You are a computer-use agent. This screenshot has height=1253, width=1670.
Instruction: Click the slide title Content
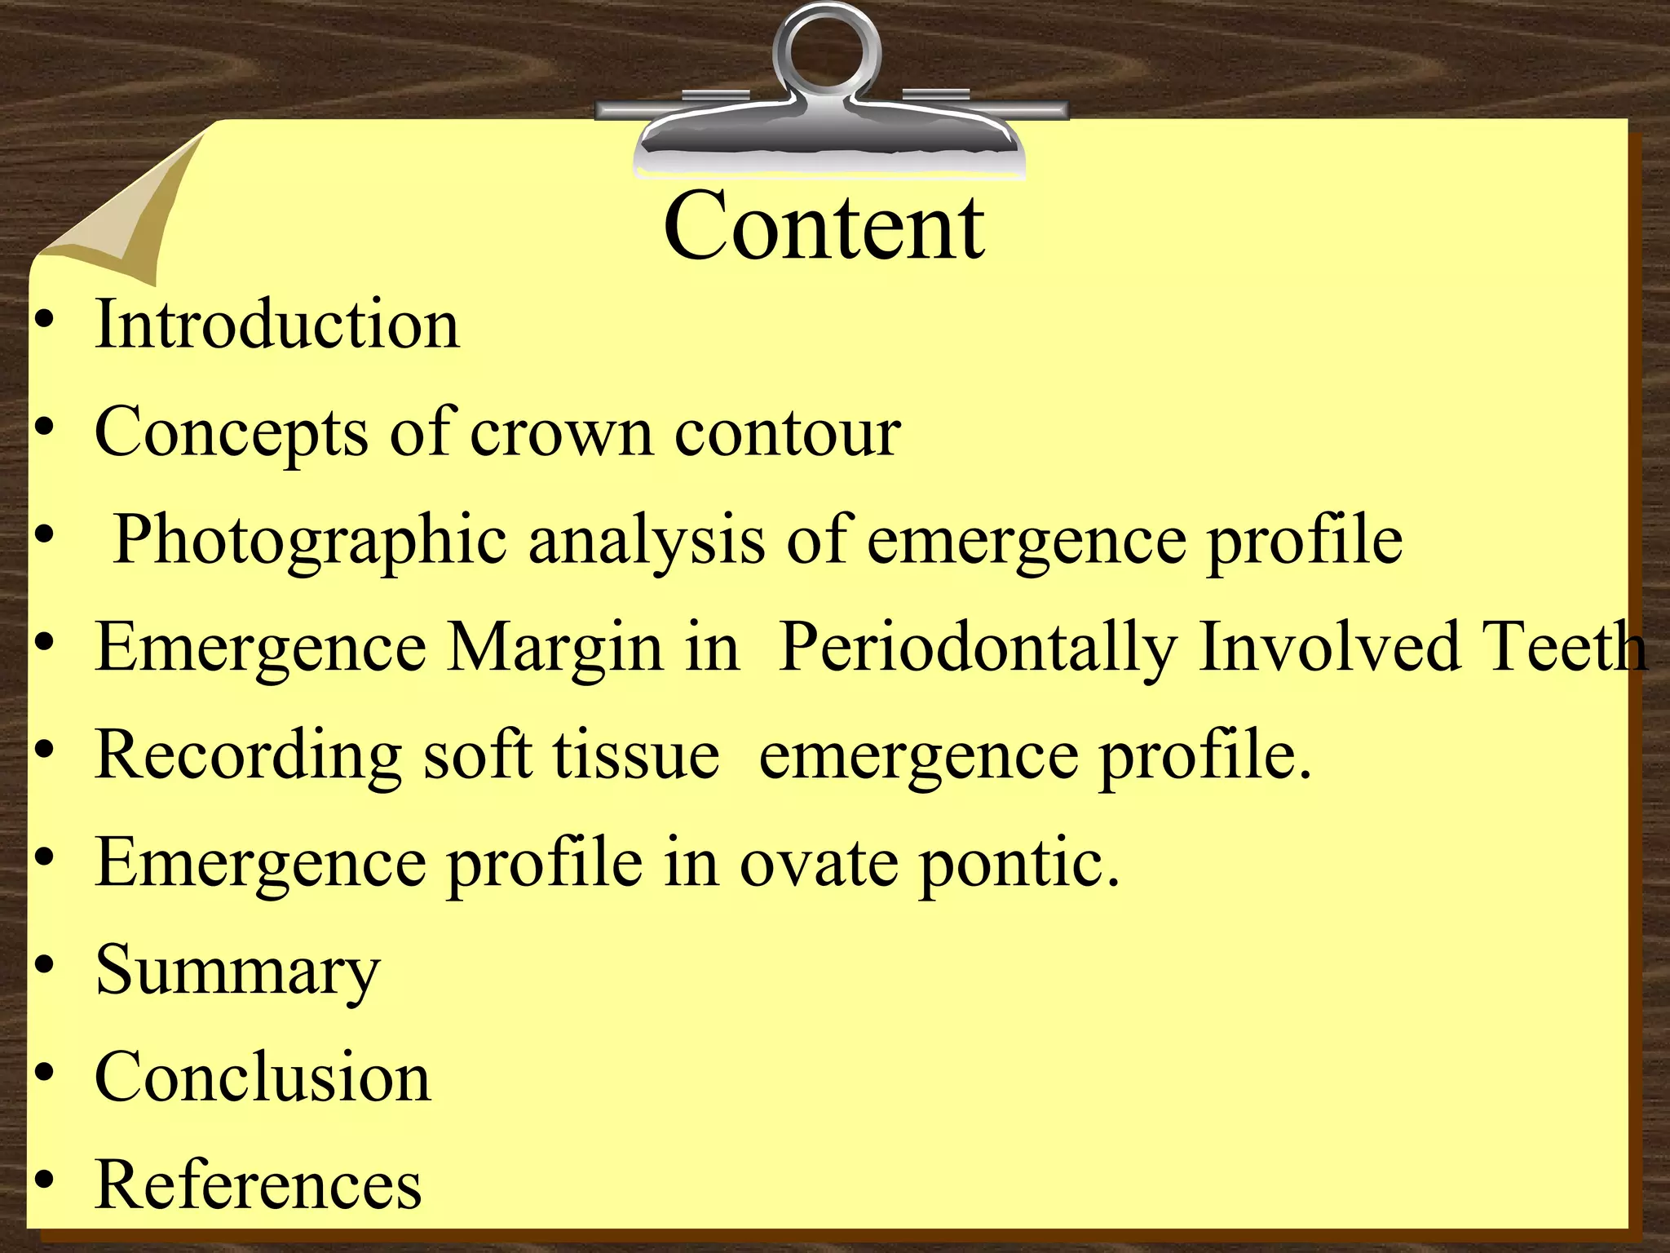pyautogui.click(x=824, y=226)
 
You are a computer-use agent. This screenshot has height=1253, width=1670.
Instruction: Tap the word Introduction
pyautogui.click(x=277, y=325)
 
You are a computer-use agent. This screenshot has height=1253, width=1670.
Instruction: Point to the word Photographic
pyautogui.click(x=310, y=542)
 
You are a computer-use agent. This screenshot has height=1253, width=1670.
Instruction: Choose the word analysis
pyautogui.click(x=647, y=542)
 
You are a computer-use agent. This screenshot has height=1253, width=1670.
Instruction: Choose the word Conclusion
pyautogui.click(x=263, y=1078)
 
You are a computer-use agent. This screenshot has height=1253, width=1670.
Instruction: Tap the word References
pyautogui.click(x=258, y=1184)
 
